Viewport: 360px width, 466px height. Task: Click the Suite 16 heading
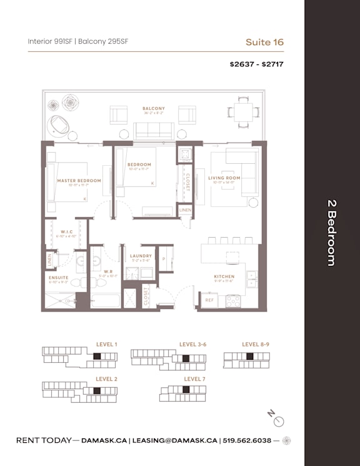(x=264, y=42)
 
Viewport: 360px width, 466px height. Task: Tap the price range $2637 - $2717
(x=257, y=64)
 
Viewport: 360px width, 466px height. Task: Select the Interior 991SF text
(x=51, y=42)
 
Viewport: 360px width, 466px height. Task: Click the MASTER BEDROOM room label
(x=79, y=181)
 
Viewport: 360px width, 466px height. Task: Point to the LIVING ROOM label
(x=224, y=178)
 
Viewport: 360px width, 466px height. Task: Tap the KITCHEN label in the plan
(x=224, y=276)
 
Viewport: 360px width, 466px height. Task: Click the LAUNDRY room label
(x=141, y=256)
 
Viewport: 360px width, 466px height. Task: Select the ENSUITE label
(x=59, y=278)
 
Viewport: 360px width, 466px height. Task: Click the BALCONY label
(x=153, y=108)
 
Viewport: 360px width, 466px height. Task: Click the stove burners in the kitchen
(x=233, y=300)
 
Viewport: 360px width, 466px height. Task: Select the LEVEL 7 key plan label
(x=194, y=379)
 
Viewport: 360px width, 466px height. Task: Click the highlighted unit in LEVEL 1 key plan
(x=97, y=357)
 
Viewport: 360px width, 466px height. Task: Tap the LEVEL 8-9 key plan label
(x=256, y=344)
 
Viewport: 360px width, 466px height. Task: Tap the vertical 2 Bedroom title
(x=332, y=233)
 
